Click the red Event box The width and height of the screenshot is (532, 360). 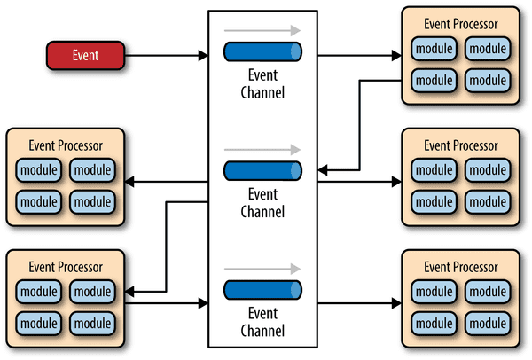coord(86,56)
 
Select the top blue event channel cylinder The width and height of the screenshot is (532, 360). coord(263,52)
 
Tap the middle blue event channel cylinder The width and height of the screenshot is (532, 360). coord(263,170)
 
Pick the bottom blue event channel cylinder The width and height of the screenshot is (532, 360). coord(263,289)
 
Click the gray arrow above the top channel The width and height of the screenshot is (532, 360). coord(263,30)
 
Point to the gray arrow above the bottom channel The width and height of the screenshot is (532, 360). coord(263,267)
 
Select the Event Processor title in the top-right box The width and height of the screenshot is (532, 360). coord(462,24)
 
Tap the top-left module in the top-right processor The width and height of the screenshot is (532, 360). coord(434,47)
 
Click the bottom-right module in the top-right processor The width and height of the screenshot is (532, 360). coord(488,80)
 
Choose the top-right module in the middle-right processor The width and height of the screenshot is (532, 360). coord(488,168)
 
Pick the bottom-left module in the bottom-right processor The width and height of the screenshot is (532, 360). coord(434,323)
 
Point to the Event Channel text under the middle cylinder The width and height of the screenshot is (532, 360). coord(263,202)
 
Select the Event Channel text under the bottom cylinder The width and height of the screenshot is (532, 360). coord(263,321)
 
